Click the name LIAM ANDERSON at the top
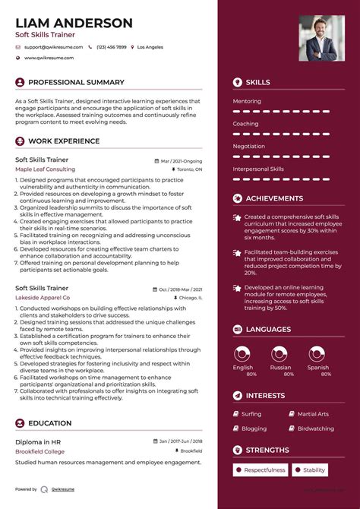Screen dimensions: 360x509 74,24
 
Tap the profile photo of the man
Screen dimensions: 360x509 321,37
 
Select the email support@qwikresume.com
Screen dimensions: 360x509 49,47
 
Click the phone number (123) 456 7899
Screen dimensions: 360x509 111,47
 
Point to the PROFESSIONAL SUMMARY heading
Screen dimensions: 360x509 76,82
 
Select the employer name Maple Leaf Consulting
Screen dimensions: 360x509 45,169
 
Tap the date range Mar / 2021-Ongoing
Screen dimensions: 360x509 182,161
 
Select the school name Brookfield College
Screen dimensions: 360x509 41,451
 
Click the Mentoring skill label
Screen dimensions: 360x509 247,101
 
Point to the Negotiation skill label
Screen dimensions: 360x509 249,146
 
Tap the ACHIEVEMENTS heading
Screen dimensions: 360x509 274,198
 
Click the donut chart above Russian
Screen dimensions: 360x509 280,354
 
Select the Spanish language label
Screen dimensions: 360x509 318,368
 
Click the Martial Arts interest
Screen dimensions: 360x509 313,414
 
